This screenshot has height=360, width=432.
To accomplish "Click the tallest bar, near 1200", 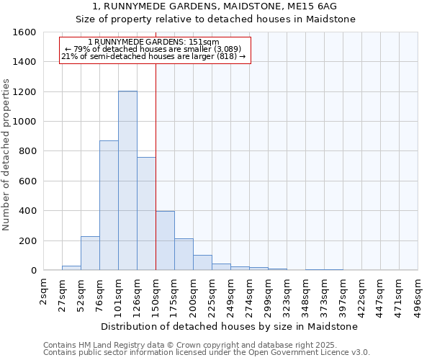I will [127, 180].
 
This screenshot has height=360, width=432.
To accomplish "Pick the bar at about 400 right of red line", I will [165, 240].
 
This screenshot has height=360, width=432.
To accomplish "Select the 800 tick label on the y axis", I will [27, 151].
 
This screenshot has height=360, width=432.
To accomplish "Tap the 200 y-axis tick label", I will [27, 240].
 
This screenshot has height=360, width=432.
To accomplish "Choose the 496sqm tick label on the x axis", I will [418, 294].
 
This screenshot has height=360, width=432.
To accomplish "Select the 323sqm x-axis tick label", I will [287, 294].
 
